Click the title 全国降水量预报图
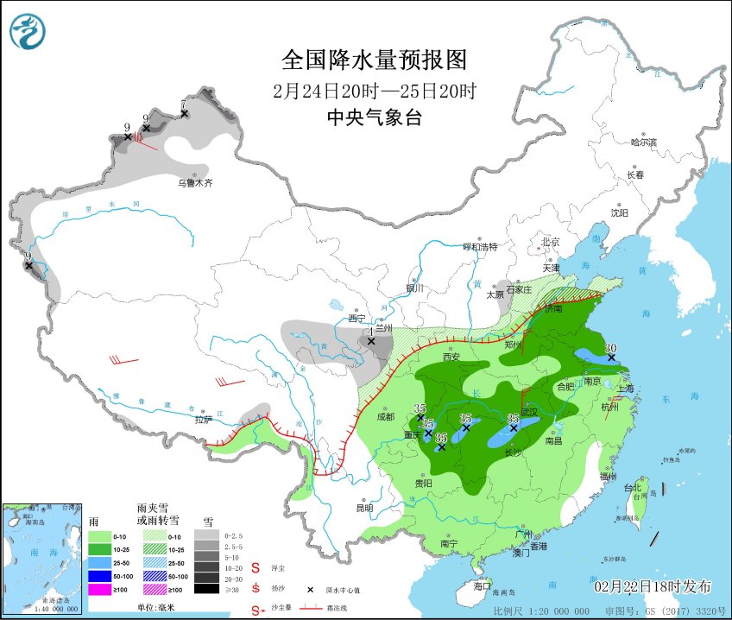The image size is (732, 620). point(374,60)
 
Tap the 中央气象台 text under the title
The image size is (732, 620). point(374,118)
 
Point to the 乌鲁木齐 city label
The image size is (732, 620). point(194,182)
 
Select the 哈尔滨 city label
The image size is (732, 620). point(643,142)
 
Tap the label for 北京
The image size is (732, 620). point(550,242)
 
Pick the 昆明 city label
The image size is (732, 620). point(366,508)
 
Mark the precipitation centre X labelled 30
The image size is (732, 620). point(610,357)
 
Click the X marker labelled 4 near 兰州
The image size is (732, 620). point(371,341)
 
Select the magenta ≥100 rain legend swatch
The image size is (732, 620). point(100,589)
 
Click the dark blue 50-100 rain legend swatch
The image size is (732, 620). point(100,575)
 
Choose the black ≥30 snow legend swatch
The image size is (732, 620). point(205,589)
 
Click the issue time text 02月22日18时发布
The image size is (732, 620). point(653,587)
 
